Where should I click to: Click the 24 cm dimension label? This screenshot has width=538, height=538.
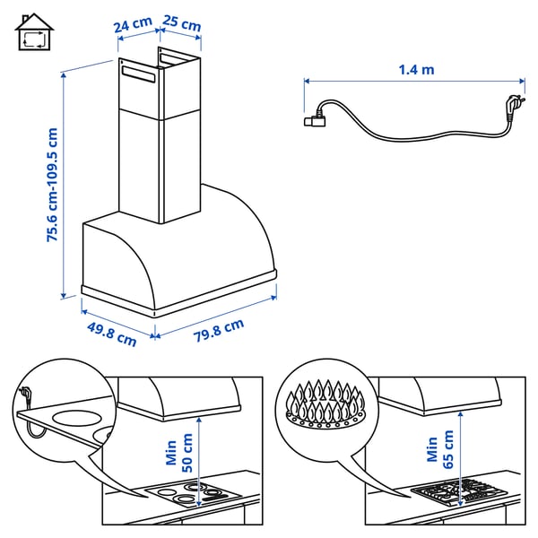pos(133,25)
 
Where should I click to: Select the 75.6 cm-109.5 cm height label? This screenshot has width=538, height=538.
pos(53,186)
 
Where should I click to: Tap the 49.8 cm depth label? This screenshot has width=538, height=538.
pos(111,334)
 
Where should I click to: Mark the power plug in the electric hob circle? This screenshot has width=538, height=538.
pos(27,395)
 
